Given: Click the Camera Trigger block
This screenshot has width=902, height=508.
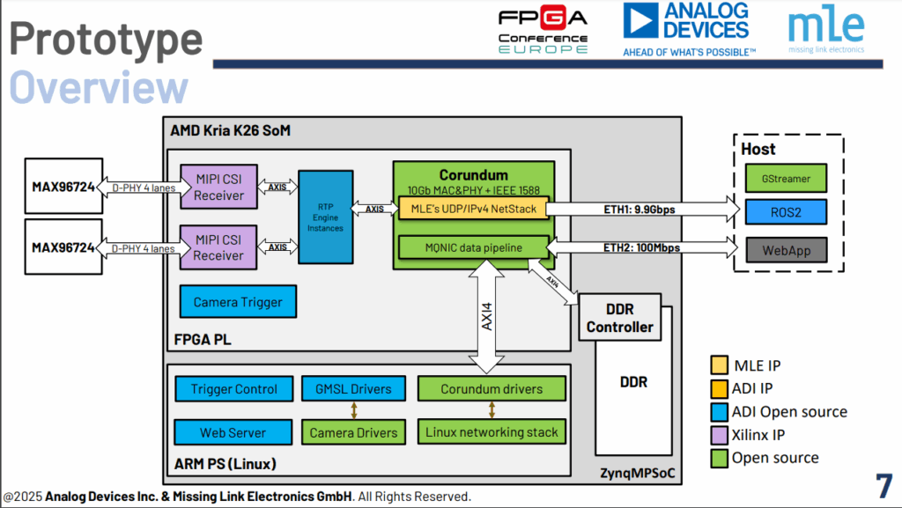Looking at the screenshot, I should click(x=238, y=302).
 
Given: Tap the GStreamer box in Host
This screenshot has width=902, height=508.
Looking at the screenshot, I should click(x=787, y=178).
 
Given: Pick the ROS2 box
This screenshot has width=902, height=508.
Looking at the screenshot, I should click(x=787, y=212).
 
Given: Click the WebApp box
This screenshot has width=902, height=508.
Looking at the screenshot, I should click(x=787, y=249).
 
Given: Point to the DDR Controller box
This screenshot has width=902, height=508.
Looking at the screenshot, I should click(x=620, y=319).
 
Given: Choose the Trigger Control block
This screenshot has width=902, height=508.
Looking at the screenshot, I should click(x=233, y=389).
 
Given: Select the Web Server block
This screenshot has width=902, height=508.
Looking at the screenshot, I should click(x=233, y=432).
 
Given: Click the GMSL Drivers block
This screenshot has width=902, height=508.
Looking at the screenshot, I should click(x=353, y=389).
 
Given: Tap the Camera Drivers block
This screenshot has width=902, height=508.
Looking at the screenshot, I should click(x=353, y=432).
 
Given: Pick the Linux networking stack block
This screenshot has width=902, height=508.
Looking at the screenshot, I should click(x=492, y=431).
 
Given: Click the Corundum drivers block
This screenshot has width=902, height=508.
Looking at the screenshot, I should click(x=492, y=389).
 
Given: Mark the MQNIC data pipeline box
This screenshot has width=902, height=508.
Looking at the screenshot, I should click(x=473, y=248).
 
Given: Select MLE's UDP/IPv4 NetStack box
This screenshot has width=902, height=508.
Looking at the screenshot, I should click(x=473, y=209).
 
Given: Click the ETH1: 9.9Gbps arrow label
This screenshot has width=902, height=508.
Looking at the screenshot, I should click(x=639, y=209).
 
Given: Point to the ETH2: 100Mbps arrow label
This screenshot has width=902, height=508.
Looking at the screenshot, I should click(x=639, y=248).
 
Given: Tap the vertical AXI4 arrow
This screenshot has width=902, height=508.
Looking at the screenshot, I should click(x=486, y=317).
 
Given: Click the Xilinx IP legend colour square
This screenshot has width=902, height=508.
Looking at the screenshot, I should click(x=719, y=435).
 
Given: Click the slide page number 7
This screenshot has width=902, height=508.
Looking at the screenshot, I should click(x=883, y=486).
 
